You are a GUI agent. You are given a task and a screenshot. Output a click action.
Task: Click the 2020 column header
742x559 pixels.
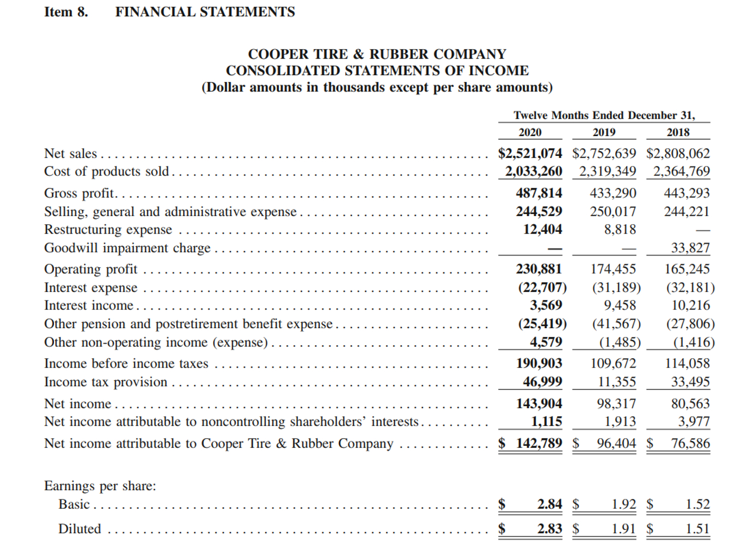pyautogui.click(x=530, y=132)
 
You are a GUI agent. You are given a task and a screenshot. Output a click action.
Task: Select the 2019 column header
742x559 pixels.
pyautogui.click(x=604, y=132)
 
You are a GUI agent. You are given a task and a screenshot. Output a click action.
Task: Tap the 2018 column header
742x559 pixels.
pyautogui.click(x=678, y=132)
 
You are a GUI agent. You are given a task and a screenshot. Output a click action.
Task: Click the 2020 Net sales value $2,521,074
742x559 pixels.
pyautogui.click(x=530, y=154)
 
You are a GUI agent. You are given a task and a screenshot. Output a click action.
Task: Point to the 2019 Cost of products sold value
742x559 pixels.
pyautogui.click(x=607, y=172)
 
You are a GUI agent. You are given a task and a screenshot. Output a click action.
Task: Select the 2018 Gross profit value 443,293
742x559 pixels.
pyautogui.click(x=686, y=193)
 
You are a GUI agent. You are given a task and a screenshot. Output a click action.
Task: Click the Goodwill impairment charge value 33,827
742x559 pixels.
pyautogui.click(x=690, y=248)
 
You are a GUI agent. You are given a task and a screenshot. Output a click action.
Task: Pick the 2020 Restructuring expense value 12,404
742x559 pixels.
pyautogui.click(x=542, y=230)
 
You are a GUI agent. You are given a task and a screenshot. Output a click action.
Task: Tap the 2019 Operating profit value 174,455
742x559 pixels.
pyautogui.click(x=613, y=269)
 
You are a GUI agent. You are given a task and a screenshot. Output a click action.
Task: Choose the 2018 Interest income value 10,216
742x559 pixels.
pyautogui.click(x=691, y=305)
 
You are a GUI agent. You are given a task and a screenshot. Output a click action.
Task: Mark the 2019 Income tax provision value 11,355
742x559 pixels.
pyautogui.click(x=617, y=382)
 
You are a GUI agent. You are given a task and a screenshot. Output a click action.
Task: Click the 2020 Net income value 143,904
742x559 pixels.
pyautogui.click(x=539, y=404)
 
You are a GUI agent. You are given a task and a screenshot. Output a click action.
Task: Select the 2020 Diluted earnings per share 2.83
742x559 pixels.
pyautogui.click(x=549, y=529)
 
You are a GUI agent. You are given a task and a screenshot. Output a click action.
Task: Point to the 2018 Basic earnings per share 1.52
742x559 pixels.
pyautogui.click(x=698, y=504)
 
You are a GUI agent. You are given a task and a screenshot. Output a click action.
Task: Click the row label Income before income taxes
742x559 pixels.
pyautogui.click(x=126, y=364)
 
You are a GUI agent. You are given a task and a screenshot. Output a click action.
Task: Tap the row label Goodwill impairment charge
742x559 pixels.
pyautogui.click(x=127, y=248)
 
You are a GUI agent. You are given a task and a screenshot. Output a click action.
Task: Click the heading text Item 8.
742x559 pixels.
pyautogui.click(x=66, y=12)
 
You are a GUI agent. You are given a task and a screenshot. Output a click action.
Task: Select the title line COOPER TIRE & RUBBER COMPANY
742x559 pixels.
pyautogui.click(x=377, y=54)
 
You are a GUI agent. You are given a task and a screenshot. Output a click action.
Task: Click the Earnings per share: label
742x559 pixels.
pyautogui.click(x=100, y=486)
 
